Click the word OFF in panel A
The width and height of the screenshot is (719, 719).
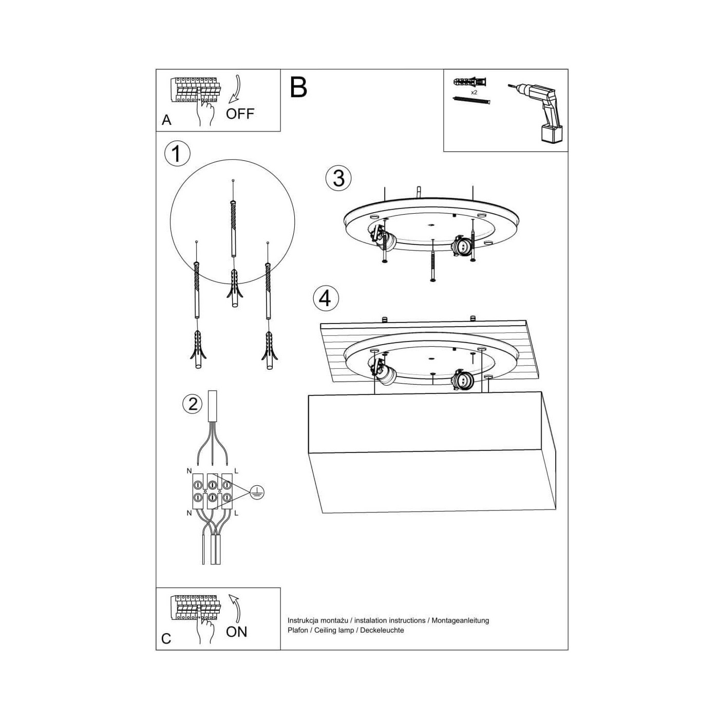240,113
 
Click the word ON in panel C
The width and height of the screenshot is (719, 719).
237,632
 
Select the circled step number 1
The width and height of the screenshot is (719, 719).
177,154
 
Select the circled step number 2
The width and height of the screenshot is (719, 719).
193,404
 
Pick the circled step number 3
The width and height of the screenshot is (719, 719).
338,178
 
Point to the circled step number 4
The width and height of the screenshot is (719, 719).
326,298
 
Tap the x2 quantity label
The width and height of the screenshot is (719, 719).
474,92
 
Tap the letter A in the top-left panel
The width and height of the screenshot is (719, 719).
166,120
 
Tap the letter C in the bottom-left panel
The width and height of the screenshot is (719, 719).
166,639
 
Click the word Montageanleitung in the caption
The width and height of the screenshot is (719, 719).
461,620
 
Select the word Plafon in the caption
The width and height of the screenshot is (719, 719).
298,630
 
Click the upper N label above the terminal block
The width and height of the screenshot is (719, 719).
189,471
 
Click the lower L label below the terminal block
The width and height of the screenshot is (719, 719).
236,514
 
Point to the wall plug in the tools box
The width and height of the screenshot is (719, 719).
469,81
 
